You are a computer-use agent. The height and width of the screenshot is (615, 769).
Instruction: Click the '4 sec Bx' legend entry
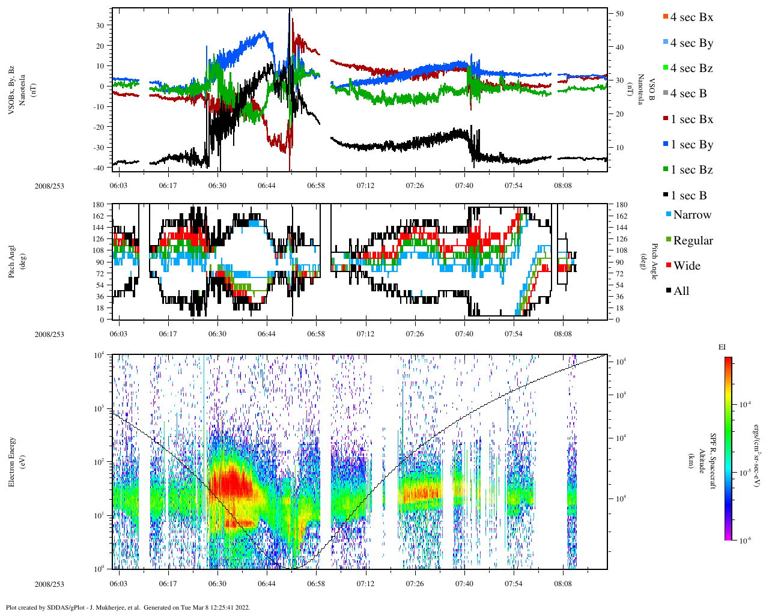pos(691,17)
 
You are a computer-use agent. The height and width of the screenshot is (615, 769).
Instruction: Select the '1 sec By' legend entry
pos(691,145)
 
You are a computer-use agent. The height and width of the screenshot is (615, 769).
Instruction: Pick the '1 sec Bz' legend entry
pos(691,170)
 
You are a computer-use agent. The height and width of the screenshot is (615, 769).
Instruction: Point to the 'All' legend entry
pos(681,291)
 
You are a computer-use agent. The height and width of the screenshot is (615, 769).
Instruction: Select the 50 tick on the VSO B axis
pos(619,14)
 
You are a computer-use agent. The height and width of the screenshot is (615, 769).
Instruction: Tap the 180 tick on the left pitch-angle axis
pos(99,205)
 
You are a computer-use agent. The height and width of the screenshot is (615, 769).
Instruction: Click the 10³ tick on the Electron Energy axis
pos(99,408)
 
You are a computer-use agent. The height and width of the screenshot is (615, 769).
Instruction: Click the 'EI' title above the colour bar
pos(722,347)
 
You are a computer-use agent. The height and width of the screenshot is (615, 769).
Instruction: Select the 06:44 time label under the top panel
pos(267,186)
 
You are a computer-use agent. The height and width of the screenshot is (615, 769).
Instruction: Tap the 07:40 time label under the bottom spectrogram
pos(464,584)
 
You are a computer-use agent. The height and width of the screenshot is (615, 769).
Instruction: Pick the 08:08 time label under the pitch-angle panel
pos(563,334)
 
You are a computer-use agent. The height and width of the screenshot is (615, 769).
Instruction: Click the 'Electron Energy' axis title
pos(12,461)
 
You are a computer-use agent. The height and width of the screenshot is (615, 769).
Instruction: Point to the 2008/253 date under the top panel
pos(49,186)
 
